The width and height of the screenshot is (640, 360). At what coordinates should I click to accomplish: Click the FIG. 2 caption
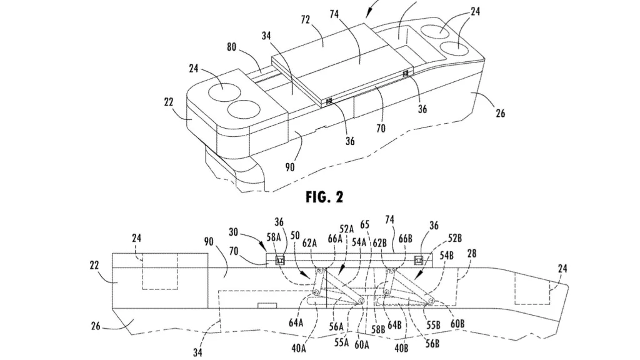click(324, 197)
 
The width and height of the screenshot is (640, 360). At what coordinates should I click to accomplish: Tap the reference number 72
click(305, 19)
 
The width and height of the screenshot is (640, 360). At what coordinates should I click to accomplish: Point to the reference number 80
click(231, 47)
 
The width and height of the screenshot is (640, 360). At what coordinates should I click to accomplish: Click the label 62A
click(310, 243)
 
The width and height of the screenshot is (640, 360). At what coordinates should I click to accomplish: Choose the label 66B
click(405, 239)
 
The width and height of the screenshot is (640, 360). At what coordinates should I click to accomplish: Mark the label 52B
click(455, 238)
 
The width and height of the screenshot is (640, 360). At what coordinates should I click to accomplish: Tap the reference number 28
click(471, 254)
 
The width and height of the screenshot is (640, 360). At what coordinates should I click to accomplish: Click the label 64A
click(296, 323)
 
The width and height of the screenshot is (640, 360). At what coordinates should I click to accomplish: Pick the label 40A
click(299, 347)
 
